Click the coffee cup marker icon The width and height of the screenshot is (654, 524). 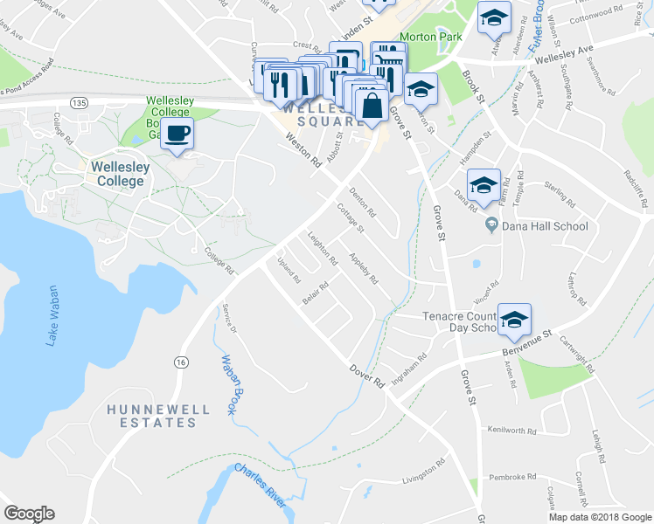(x=178, y=134)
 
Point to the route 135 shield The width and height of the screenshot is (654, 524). (x=80, y=103)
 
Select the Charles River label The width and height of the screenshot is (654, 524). (x=259, y=486)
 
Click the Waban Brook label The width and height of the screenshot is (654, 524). (x=230, y=384)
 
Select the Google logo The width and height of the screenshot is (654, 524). (x=29, y=514)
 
